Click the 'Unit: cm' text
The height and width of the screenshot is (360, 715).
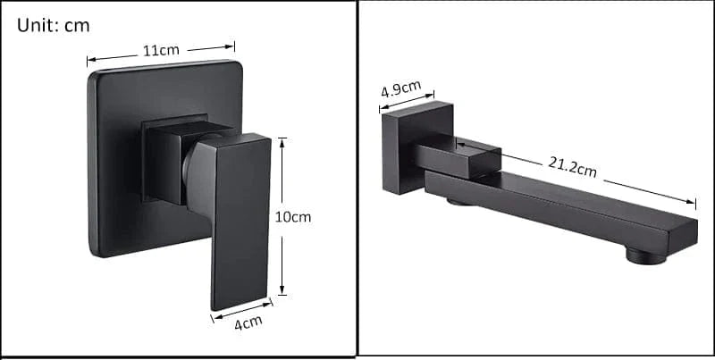coord(53,26)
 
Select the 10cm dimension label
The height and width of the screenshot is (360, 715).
coord(293,217)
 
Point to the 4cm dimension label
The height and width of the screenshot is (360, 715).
coord(248,322)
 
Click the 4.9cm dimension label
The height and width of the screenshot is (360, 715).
coord(401,88)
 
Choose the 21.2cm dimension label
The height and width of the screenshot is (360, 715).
coord(572,166)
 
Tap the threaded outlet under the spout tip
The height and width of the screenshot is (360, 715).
coord(645,256)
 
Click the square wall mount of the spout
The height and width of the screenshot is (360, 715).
coord(416,147)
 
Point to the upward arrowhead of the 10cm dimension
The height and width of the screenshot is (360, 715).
coord(282,143)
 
